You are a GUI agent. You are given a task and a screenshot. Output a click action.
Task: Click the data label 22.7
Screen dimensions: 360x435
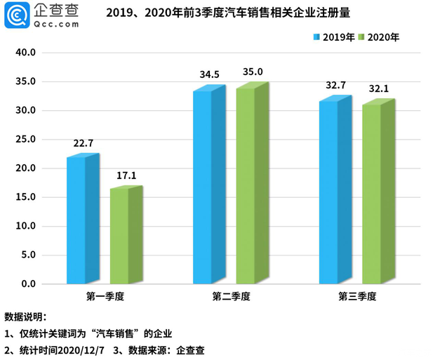[x=83, y=144]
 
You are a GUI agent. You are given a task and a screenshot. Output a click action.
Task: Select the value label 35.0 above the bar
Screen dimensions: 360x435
[x=253, y=72]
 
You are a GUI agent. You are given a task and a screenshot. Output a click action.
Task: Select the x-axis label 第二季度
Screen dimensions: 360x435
[x=231, y=297]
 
